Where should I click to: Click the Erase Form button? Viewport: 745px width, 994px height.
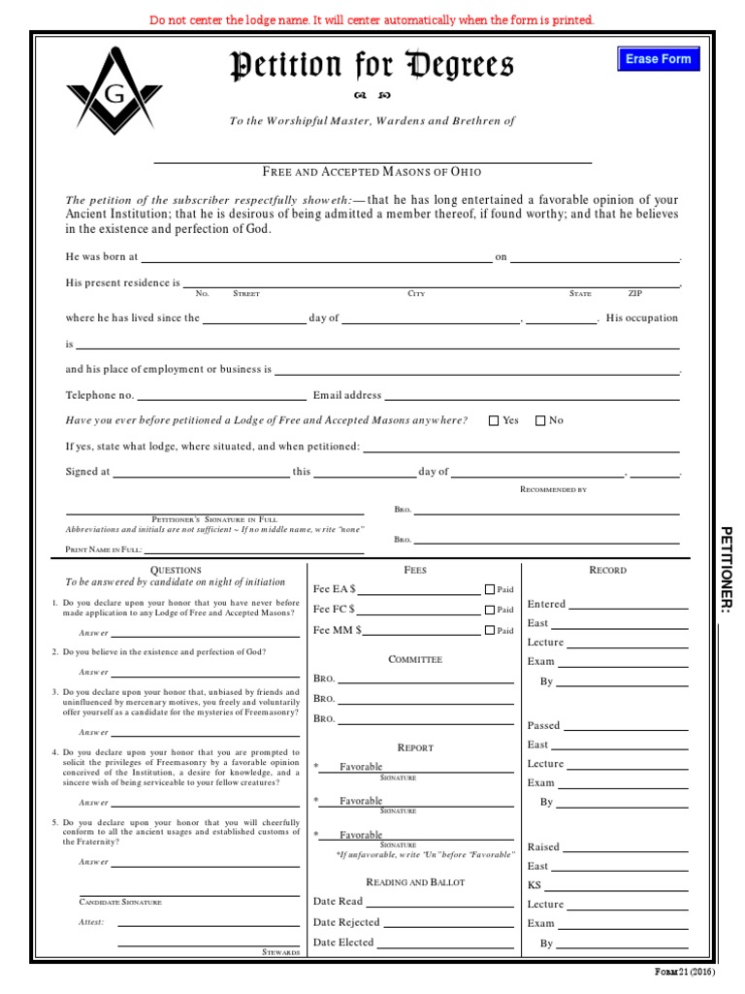click(658, 59)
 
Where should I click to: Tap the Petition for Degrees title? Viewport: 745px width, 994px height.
click(372, 67)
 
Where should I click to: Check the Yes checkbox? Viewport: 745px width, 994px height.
click(494, 421)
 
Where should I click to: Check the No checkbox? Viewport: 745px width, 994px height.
click(540, 421)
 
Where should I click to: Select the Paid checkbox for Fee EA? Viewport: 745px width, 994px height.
click(490, 589)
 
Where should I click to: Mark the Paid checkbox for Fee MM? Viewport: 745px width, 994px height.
click(490, 630)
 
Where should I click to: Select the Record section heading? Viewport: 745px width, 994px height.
click(607, 570)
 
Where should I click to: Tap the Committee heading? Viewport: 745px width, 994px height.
click(415, 659)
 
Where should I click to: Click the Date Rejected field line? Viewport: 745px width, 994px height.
click(448, 922)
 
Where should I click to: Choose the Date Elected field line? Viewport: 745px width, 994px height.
click(445, 943)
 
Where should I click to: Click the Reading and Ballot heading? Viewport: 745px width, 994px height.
click(415, 881)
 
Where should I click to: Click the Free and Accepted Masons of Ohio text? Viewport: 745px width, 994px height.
click(372, 172)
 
